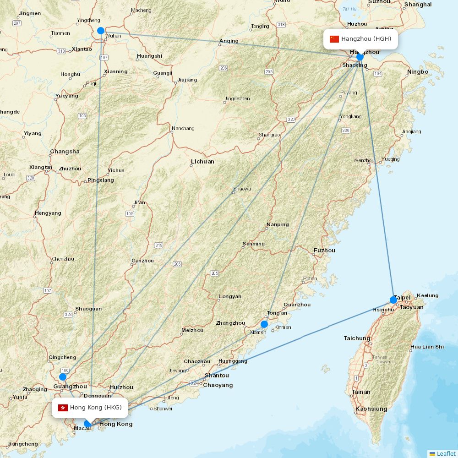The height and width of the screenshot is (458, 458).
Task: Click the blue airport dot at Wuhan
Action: (101, 31)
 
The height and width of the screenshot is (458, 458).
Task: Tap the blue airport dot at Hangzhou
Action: (360, 57)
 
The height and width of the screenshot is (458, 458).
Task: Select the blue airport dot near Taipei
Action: (393, 300)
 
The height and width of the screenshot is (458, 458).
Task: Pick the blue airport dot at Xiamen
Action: (264, 324)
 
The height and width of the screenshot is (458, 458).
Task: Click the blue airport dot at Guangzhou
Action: (63, 377)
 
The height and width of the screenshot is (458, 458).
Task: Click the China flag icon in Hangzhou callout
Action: (334, 39)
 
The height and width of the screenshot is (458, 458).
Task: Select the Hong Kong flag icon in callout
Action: (63, 408)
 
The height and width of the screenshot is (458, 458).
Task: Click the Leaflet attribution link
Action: (446, 453)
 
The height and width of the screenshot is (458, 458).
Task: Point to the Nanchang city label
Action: (183, 129)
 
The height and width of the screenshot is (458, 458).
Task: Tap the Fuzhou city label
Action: (324, 251)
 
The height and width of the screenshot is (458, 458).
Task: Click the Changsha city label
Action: (65, 152)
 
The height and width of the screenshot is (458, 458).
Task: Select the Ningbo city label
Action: (417, 72)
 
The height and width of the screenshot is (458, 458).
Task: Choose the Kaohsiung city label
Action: (371, 409)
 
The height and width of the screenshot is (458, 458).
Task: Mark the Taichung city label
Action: (357, 338)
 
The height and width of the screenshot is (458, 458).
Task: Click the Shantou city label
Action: (217, 376)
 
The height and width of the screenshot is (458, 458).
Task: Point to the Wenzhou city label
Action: (364, 161)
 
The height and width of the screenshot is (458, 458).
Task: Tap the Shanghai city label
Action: (418, 5)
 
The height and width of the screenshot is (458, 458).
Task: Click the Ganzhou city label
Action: (142, 261)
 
